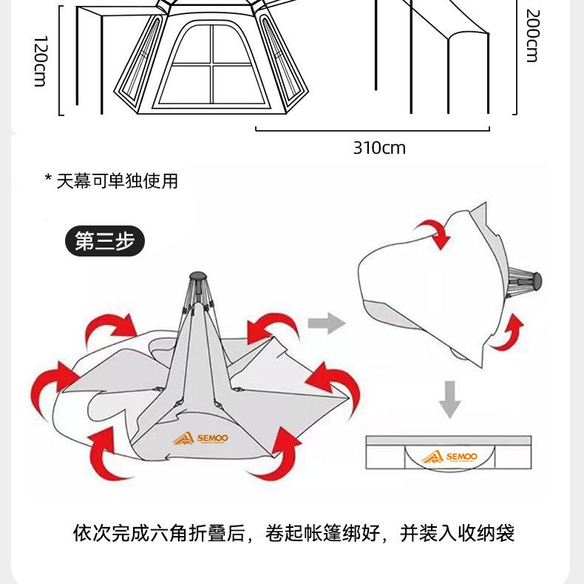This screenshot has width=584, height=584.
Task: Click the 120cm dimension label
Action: pyautogui.click(x=40, y=61)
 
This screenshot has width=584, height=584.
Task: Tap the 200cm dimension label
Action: pyautogui.click(x=532, y=35)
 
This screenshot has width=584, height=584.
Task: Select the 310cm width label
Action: pyautogui.click(x=379, y=148)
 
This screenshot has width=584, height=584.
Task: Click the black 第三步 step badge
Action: pyautogui.click(x=105, y=241)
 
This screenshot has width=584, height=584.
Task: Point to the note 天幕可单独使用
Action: pyautogui.click(x=118, y=181)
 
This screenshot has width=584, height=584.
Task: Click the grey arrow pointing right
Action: pyautogui.click(x=326, y=322)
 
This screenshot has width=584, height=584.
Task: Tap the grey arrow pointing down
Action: pyautogui.click(x=449, y=400)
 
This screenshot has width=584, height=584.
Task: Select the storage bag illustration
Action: pyautogui.click(x=449, y=452)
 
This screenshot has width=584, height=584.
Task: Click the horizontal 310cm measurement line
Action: pyautogui.click(x=373, y=130)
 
